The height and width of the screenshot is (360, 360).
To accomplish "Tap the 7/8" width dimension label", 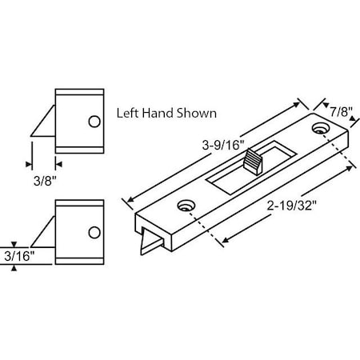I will pos(335,111).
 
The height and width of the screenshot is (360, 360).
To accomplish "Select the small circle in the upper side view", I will pos(94,121).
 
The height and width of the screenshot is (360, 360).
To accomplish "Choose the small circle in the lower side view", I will pos(95,232).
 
